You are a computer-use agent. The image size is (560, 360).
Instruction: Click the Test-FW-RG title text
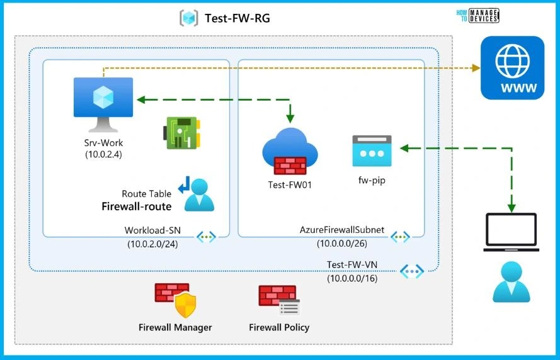pos(237,18)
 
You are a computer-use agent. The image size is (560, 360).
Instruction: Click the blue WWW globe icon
pos(512,68)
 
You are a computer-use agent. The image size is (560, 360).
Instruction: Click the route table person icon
pos(198,194)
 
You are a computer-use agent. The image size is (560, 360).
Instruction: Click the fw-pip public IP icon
pos(369,151)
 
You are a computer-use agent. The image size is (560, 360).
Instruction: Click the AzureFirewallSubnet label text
pos(341,231)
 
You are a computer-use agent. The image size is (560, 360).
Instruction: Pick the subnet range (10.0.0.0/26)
pos(341,244)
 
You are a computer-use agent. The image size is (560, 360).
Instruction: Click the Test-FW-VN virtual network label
pos(352,265)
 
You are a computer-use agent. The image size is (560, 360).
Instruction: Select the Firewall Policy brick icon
pos(278,300)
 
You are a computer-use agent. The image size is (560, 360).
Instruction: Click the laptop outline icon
pos(511,233)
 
